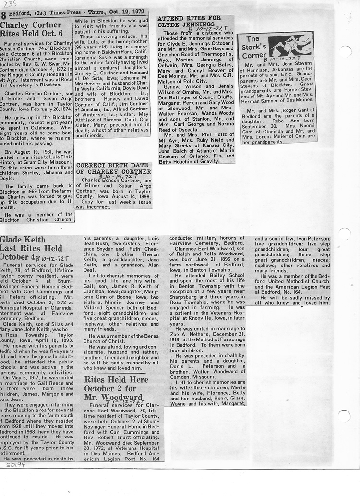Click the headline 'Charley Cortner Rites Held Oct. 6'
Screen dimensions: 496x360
point(31,29)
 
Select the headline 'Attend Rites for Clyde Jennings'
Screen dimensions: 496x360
point(189,21)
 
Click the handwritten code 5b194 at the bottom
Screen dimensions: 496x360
point(11,464)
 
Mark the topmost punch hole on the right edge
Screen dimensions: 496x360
point(345,51)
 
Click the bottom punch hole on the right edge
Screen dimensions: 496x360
point(344,415)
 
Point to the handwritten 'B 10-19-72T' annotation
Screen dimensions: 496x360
point(115,176)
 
